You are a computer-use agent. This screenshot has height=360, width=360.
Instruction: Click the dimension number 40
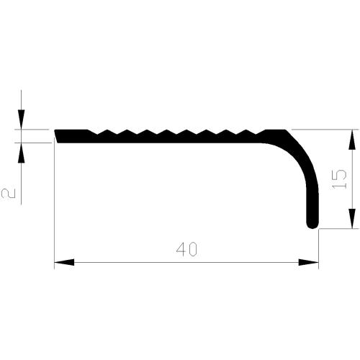(x=186, y=249)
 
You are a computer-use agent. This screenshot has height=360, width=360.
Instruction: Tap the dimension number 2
(x=9, y=192)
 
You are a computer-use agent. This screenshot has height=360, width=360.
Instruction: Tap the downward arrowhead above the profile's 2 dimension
(x=22, y=121)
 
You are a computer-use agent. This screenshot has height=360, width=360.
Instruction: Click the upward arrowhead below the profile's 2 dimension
(x=22, y=151)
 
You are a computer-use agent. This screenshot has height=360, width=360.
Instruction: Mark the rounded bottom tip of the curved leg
(x=313, y=225)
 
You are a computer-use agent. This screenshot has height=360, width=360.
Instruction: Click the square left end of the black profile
(x=58, y=136)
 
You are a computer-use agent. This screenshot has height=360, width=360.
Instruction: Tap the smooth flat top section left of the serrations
(x=72, y=131)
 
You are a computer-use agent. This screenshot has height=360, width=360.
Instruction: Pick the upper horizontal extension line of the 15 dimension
(x=324, y=130)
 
